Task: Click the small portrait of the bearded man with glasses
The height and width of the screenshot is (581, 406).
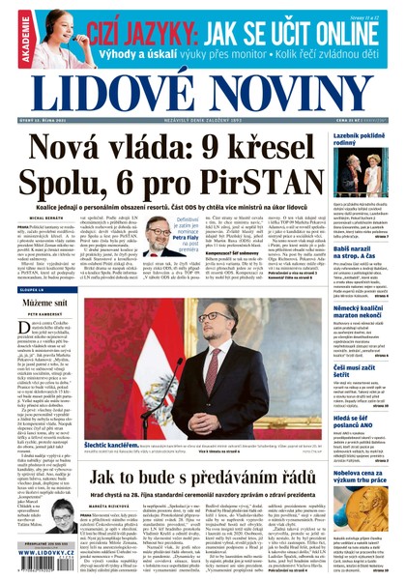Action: coord(157,234)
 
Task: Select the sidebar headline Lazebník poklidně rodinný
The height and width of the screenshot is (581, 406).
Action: coord(359,138)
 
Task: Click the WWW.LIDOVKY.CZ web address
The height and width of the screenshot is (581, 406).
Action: coord(44,571)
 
